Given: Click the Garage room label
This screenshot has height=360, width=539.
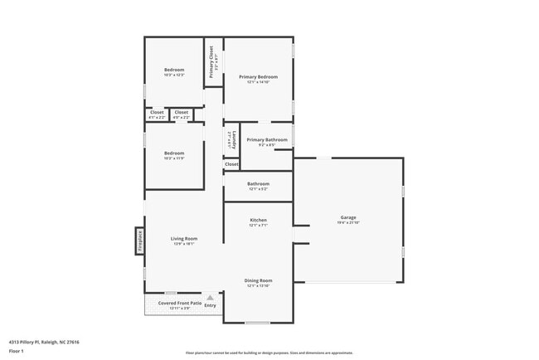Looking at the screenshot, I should tap(347, 217).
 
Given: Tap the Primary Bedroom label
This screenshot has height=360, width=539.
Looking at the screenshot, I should tap(258, 77).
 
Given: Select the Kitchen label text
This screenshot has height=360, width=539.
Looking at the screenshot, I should tap(258, 221).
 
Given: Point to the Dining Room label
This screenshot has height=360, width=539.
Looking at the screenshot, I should tap(258, 280).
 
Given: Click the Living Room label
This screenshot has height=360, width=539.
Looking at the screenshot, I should tap(183, 239).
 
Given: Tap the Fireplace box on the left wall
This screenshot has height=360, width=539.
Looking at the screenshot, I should tap(140, 241).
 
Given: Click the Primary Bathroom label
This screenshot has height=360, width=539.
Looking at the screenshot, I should tap(267, 139).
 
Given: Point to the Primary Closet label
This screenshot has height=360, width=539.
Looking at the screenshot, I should tap(212, 63).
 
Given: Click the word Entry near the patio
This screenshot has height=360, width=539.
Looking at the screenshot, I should tap(210, 306).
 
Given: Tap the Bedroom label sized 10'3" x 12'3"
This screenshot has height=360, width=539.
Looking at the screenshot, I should tap(174, 70).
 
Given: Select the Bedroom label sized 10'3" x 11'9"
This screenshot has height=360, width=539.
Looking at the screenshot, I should tap(174, 153).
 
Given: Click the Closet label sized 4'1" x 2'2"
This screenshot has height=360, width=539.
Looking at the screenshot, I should tap(157, 112).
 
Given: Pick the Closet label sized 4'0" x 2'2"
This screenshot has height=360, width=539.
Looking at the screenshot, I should tap(182, 112).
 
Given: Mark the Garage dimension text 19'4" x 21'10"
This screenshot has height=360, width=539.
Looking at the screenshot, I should tap(347, 222).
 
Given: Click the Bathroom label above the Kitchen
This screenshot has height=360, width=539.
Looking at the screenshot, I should tap(258, 183).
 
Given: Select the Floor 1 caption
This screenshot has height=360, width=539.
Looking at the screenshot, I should tap(17, 351).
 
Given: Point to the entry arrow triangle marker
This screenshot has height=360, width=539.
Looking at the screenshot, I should tap(210, 297).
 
